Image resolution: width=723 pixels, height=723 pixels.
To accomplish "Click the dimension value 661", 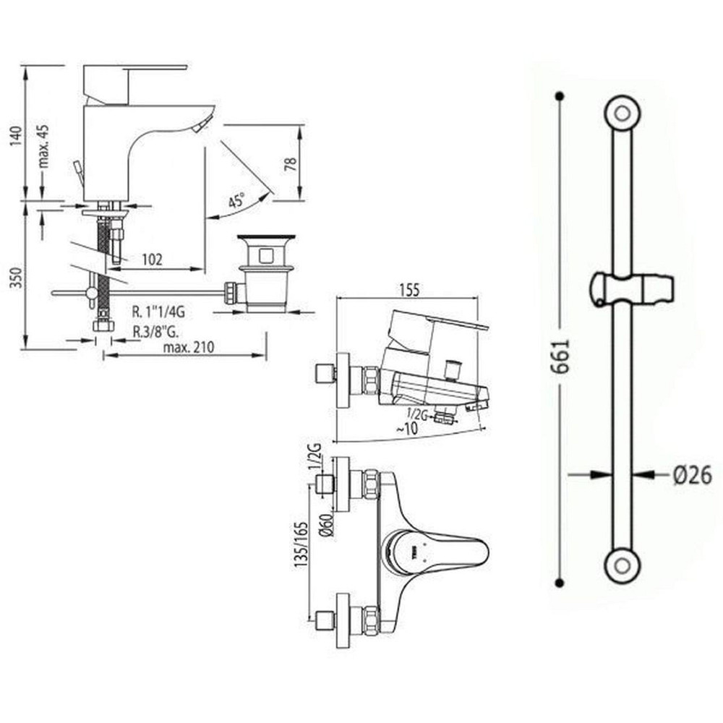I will click(x=565, y=355).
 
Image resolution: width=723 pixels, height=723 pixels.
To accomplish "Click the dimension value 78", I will click(x=291, y=164).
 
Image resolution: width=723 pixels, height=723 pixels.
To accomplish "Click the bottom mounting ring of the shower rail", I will click(x=621, y=563).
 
